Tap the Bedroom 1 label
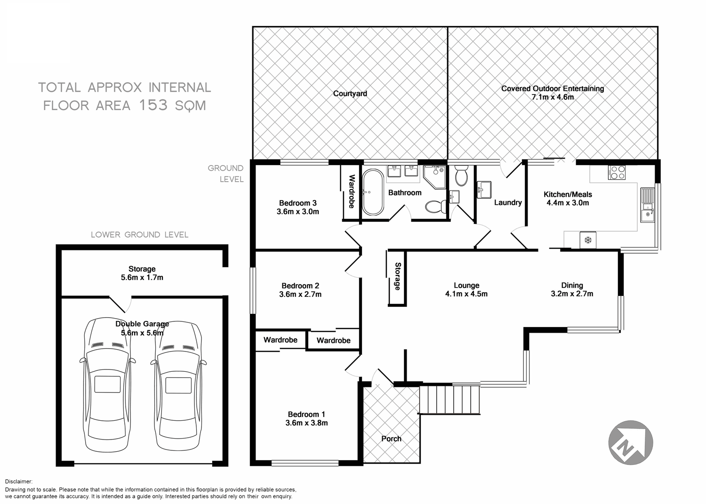pos(306,414)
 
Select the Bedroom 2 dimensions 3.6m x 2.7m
pos(300,295)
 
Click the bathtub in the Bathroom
pos(373,192)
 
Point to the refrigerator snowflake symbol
pos(587,240)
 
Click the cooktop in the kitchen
pos(617,173)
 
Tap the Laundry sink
pos(484,190)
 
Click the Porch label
pos(391,439)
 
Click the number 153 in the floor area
pos(153,105)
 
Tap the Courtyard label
pos(350,93)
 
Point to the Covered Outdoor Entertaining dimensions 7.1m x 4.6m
pos(553,97)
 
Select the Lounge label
pos(466,285)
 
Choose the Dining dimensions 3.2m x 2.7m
pos(572,294)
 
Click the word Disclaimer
pos(18,481)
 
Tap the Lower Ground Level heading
pos(139,234)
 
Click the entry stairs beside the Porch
pos(449,399)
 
